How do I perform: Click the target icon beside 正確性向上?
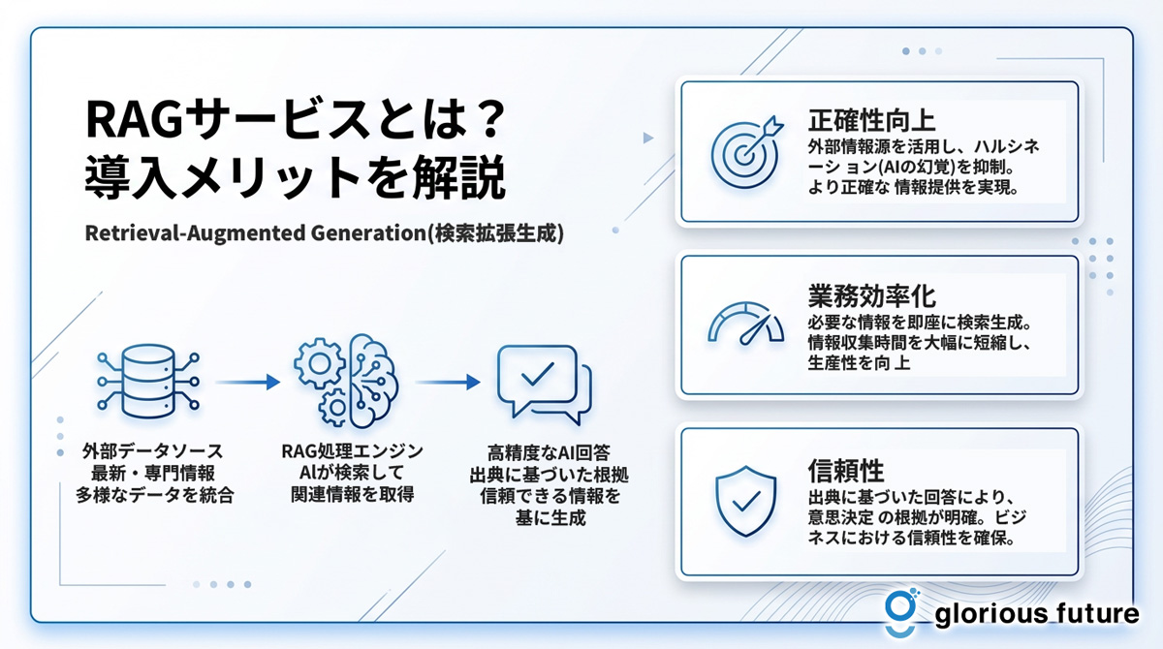pos(744,154)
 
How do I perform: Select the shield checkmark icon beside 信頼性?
pos(746,501)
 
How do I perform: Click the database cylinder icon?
pos(148,382)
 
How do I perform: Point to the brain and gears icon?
pos(346,381)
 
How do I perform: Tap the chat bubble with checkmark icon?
pos(544,385)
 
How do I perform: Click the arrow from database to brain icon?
pos(248,383)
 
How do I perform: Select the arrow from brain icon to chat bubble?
pos(448,383)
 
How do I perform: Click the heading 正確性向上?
pos(871,120)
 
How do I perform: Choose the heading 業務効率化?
pos(871,295)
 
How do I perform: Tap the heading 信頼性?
pos(846,471)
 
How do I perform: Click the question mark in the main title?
pos(490,119)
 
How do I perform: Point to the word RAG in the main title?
pos(134,120)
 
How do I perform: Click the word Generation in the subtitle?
pos(368,232)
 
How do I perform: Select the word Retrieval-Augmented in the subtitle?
pos(195,232)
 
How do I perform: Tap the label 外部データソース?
pos(153,450)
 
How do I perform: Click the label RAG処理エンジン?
pos(352,450)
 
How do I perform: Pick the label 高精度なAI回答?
pos(549,453)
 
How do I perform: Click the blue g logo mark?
pos(901,613)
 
